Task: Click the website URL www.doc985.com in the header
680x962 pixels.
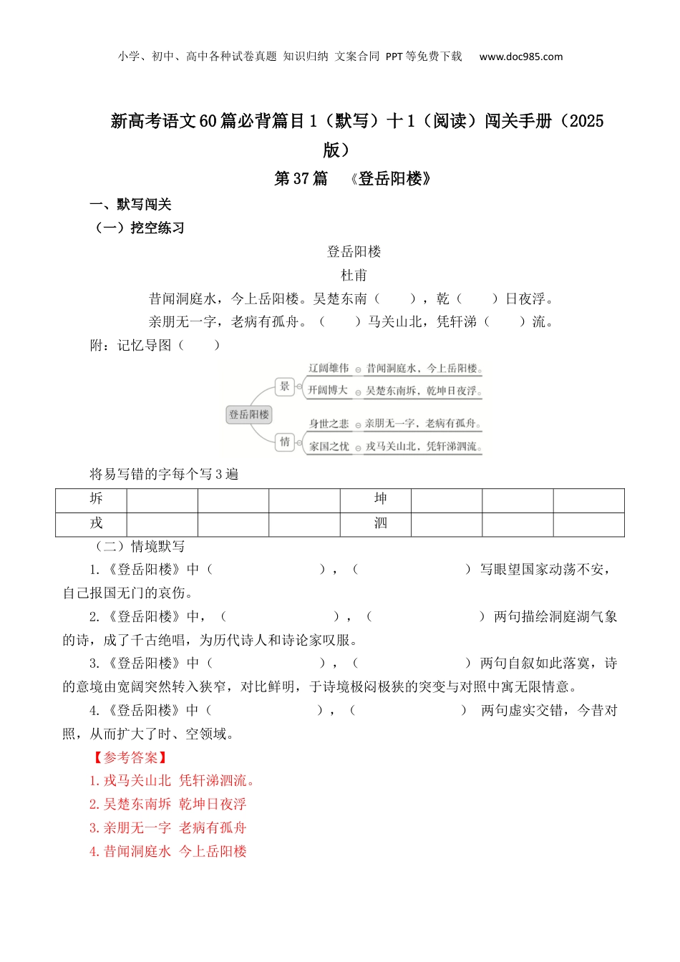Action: point(520,57)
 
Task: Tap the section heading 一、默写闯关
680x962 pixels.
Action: point(130,205)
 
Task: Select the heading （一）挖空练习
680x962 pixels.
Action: point(139,228)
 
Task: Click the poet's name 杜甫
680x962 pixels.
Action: point(354,275)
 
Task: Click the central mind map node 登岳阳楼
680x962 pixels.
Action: point(249,414)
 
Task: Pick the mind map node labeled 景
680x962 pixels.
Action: point(285,387)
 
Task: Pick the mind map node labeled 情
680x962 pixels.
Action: point(285,442)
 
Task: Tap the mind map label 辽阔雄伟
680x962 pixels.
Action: point(329,369)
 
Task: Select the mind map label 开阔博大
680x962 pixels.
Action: point(328,390)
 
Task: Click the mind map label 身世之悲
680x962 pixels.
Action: point(329,424)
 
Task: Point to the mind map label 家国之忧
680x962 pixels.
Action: point(329,446)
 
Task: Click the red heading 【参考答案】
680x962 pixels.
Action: point(130,757)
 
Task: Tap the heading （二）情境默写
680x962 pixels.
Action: point(139,546)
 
